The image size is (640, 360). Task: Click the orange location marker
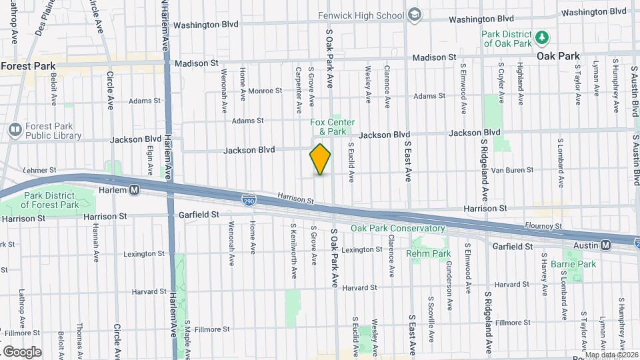coord(320,159)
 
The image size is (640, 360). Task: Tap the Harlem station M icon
coord(135,190)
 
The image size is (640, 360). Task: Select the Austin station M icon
coord(605,245)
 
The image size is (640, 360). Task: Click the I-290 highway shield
coord(248,199)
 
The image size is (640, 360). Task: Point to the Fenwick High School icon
coord(415,15)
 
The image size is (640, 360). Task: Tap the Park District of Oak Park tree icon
coord(543,37)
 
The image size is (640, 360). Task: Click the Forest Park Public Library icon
coord(14,129)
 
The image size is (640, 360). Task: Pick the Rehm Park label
coord(429,253)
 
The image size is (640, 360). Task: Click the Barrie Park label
coord(573,265)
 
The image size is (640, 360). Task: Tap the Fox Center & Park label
coord(332,127)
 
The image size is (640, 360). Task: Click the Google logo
coord(22,351)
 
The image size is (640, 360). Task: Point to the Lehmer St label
coord(37,171)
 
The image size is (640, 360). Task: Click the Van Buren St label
coord(511,171)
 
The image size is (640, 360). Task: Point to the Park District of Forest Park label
coord(51,200)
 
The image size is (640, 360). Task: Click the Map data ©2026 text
coord(611,354)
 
